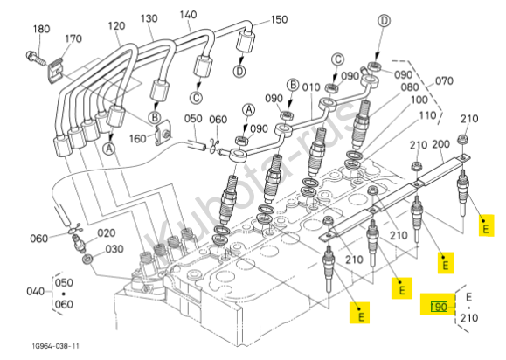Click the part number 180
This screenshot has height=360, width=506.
[42, 29]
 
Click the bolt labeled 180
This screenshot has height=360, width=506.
[36, 59]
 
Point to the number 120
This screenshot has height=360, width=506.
[116, 26]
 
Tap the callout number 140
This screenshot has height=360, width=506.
[188, 15]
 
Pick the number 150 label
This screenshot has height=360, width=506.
[279, 20]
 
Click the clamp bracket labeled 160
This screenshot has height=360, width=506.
[163, 133]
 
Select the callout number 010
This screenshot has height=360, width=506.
[311, 87]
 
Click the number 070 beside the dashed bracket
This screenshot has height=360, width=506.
[444, 80]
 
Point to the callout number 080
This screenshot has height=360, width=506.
[410, 87]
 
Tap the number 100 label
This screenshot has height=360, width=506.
[419, 100]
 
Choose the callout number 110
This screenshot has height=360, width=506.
[427, 115]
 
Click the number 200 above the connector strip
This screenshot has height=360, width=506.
[440, 144]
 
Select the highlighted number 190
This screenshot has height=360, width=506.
[439, 307]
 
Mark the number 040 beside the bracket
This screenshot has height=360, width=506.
[36, 292]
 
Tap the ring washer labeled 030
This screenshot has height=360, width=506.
[87, 260]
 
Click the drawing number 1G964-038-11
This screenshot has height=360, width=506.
[56, 346]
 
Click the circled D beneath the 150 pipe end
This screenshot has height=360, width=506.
[239, 71]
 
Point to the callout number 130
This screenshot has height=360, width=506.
[149, 18]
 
